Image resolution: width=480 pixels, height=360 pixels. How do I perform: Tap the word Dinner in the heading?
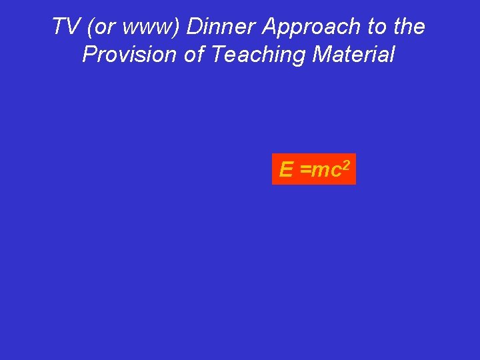221,27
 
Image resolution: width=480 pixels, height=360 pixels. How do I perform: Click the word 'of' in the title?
194,55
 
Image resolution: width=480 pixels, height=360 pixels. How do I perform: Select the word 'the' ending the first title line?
409,27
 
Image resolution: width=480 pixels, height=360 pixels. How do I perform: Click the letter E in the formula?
286,170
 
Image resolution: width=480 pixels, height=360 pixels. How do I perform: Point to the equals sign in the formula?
305,171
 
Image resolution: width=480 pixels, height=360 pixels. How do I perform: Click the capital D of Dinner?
194,27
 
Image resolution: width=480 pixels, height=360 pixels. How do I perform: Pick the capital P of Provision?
89,55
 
